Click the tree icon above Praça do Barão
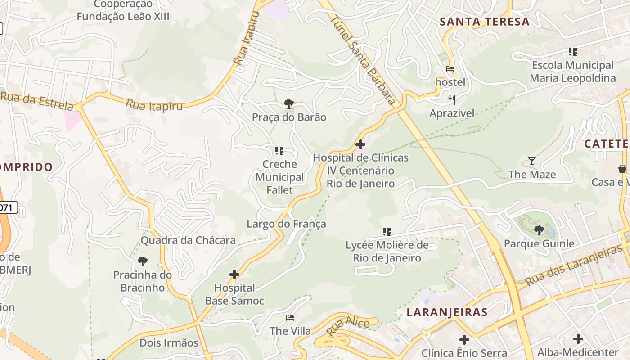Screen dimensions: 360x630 pyautogui.click(x=289, y=104)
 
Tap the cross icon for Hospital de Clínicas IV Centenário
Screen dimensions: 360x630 pyautogui.click(x=360, y=144)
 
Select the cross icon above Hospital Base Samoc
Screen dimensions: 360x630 pyautogui.click(x=234, y=274)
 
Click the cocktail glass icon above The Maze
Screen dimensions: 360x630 pyautogui.click(x=532, y=161)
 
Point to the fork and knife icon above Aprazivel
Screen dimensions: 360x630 pyautogui.click(x=452, y=99)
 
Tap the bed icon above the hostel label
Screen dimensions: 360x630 pyautogui.click(x=450, y=69)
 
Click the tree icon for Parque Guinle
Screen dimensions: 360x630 pyautogui.click(x=539, y=230)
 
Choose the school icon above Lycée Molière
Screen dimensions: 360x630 pyautogui.click(x=387, y=232)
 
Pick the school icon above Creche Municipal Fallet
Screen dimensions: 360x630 pyautogui.click(x=279, y=150)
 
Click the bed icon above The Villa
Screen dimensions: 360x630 pyautogui.click(x=290, y=318)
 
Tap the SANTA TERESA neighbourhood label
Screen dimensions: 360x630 pyautogui.click(x=484, y=22)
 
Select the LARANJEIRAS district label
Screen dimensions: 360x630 pyautogui.click(x=447, y=312)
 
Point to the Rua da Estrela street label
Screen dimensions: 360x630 pyautogui.click(x=37, y=101)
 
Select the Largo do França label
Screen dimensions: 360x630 pyautogui.click(x=286, y=224)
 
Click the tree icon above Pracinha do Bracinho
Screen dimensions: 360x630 pyautogui.click(x=143, y=261)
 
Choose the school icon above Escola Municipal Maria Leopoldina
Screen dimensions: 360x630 pyautogui.click(x=572, y=52)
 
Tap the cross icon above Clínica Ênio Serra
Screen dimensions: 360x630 pyautogui.click(x=464, y=339)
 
